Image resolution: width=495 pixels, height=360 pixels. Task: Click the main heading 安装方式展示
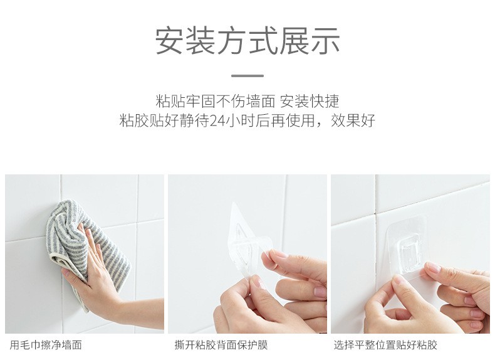pos(247,41)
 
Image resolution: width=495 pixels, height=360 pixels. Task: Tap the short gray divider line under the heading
pos(247,76)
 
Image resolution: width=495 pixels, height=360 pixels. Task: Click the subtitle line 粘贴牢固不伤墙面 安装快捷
pos(247,101)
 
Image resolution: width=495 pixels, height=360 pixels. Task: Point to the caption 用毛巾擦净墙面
pos(46,345)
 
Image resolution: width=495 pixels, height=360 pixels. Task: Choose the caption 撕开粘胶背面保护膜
pos(221,345)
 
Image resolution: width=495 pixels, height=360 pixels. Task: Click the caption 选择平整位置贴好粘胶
pos(385,345)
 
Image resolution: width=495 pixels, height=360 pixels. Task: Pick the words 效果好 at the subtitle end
pos(353,120)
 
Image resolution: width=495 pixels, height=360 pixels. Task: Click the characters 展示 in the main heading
pos(310,41)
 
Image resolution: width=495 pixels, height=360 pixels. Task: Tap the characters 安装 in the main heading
pos(185,41)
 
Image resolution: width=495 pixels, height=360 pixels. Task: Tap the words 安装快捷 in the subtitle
pos(310,101)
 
